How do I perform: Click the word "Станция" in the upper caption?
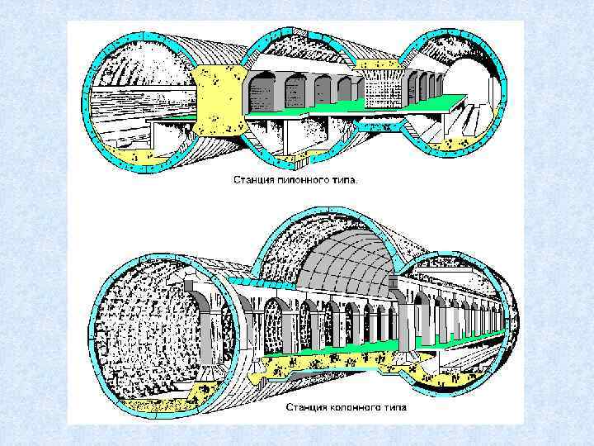click(x=252, y=179)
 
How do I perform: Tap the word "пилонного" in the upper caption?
click(x=300, y=179)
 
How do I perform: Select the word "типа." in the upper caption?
click(x=344, y=179)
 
